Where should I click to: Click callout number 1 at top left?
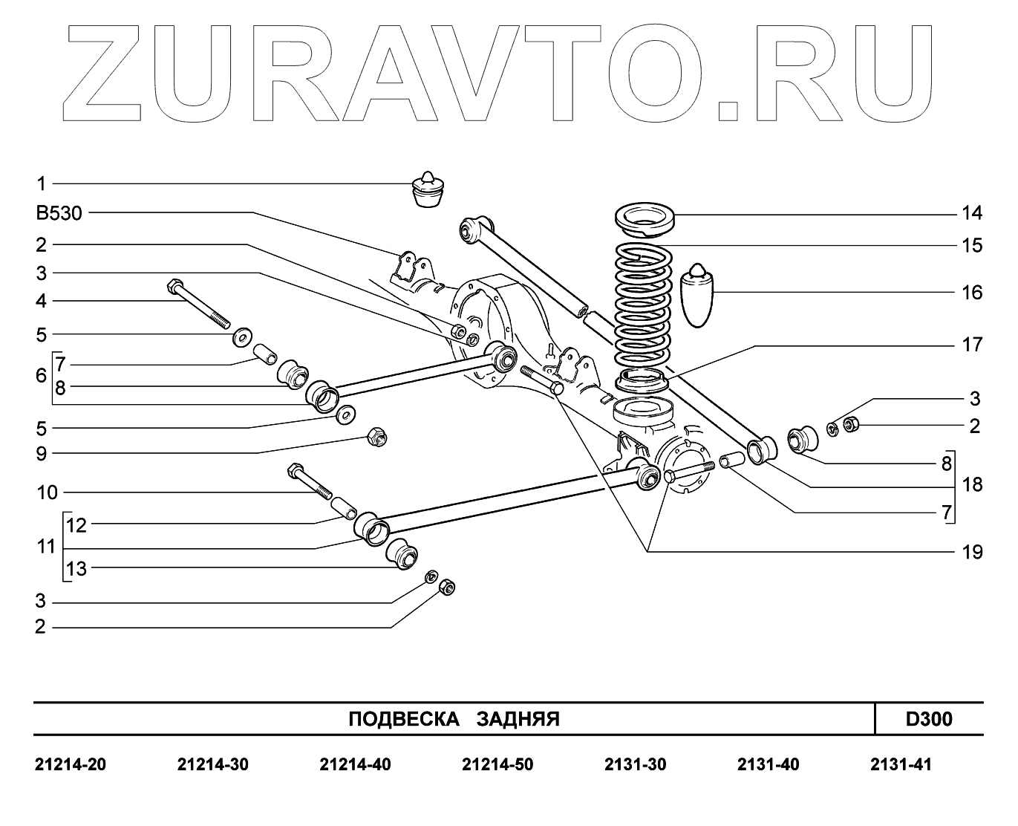(x=42, y=183)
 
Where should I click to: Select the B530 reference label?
(x=59, y=214)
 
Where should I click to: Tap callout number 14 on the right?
(x=971, y=214)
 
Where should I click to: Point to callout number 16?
(x=971, y=293)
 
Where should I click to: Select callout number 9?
(x=42, y=453)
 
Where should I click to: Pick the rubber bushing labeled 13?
(x=402, y=553)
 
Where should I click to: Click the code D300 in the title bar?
(x=928, y=719)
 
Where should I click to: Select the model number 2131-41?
(x=900, y=764)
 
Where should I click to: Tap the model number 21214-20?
(x=71, y=764)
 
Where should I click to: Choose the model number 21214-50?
(x=497, y=764)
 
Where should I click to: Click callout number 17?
(x=971, y=345)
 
